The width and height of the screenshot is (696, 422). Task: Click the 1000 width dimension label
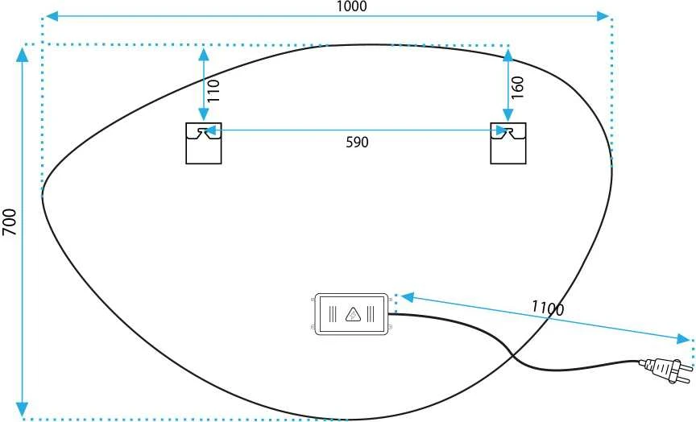(x=351, y=6)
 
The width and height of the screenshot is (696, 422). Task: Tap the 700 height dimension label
(x=10, y=221)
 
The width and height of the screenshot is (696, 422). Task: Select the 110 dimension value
(x=214, y=91)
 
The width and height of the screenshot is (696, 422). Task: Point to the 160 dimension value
(x=518, y=88)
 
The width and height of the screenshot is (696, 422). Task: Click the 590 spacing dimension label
(x=358, y=142)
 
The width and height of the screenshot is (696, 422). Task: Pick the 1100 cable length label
(x=548, y=308)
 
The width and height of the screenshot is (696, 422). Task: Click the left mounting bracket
(x=204, y=143)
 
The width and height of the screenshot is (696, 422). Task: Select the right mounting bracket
(x=508, y=143)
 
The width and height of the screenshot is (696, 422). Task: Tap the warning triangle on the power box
(x=354, y=315)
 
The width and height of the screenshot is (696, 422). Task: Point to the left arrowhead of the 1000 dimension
(x=52, y=16)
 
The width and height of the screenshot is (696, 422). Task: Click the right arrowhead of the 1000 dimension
(x=603, y=16)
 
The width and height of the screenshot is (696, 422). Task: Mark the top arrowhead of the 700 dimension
(x=22, y=54)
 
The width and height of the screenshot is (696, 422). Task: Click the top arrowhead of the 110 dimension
(x=204, y=54)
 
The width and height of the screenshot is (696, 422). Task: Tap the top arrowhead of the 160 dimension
(x=508, y=55)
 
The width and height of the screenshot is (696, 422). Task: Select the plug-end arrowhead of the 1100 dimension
(x=684, y=339)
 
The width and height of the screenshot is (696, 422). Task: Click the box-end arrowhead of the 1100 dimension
(x=407, y=297)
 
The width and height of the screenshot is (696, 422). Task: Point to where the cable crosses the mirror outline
(x=512, y=355)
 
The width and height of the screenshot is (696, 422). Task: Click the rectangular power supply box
(x=351, y=314)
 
